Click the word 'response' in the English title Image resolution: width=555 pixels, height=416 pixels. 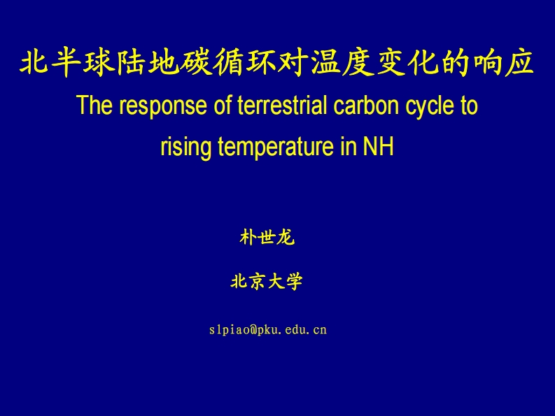[163, 106]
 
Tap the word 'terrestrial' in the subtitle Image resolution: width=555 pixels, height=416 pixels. [282, 105]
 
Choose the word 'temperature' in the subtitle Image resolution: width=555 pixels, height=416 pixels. [276, 147]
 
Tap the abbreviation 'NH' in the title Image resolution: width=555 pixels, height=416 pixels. [379, 145]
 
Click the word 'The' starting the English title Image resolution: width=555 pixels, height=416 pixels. [94, 105]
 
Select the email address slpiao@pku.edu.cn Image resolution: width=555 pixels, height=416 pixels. [268, 330]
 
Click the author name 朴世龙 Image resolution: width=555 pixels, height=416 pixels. [267, 237]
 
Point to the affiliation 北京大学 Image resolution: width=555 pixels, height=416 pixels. [267, 282]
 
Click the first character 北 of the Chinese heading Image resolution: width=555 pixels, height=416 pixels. [34, 63]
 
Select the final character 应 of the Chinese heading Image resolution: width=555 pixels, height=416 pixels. [519, 63]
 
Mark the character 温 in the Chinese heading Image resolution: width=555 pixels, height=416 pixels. [325, 63]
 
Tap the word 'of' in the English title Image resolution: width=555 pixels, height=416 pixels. [223, 105]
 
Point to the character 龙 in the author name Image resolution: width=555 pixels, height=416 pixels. [286, 237]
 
